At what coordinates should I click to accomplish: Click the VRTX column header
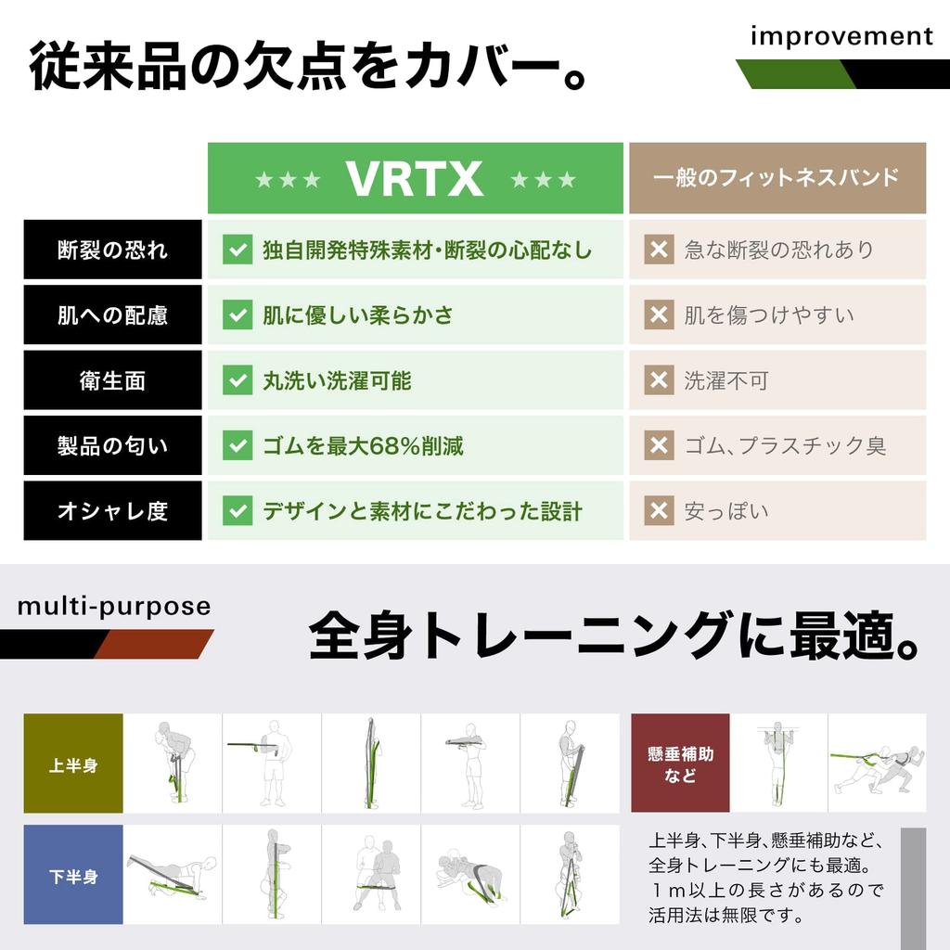pyautogui.click(x=415, y=178)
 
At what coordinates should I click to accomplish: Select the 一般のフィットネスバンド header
pyautogui.click(x=777, y=178)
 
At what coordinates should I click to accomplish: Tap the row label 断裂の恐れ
pyautogui.click(x=112, y=250)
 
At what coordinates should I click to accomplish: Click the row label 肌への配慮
pyautogui.click(x=112, y=315)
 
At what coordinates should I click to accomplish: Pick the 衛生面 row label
pyautogui.click(x=112, y=380)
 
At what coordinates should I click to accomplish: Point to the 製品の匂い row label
pyautogui.click(x=112, y=445)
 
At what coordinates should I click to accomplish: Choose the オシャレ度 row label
pyautogui.click(x=112, y=511)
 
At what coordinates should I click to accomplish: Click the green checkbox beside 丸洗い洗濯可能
pyautogui.click(x=237, y=380)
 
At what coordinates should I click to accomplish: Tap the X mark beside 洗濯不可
pyautogui.click(x=659, y=380)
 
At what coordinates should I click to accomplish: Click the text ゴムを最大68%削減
pyautogui.click(x=363, y=446)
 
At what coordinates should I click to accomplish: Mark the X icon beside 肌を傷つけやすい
pyautogui.click(x=659, y=315)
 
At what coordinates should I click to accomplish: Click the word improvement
pyautogui.click(x=841, y=36)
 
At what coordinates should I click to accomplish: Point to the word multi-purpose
pyautogui.click(x=114, y=607)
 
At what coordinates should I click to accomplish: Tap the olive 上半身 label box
pyautogui.click(x=73, y=764)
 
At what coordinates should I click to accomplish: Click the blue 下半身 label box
pyautogui.click(x=73, y=875)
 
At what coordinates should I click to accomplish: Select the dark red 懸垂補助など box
pyautogui.click(x=680, y=764)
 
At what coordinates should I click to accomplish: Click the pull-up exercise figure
pyautogui.click(x=777, y=764)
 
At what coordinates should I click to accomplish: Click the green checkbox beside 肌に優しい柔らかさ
pyautogui.click(x=237, y=315)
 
